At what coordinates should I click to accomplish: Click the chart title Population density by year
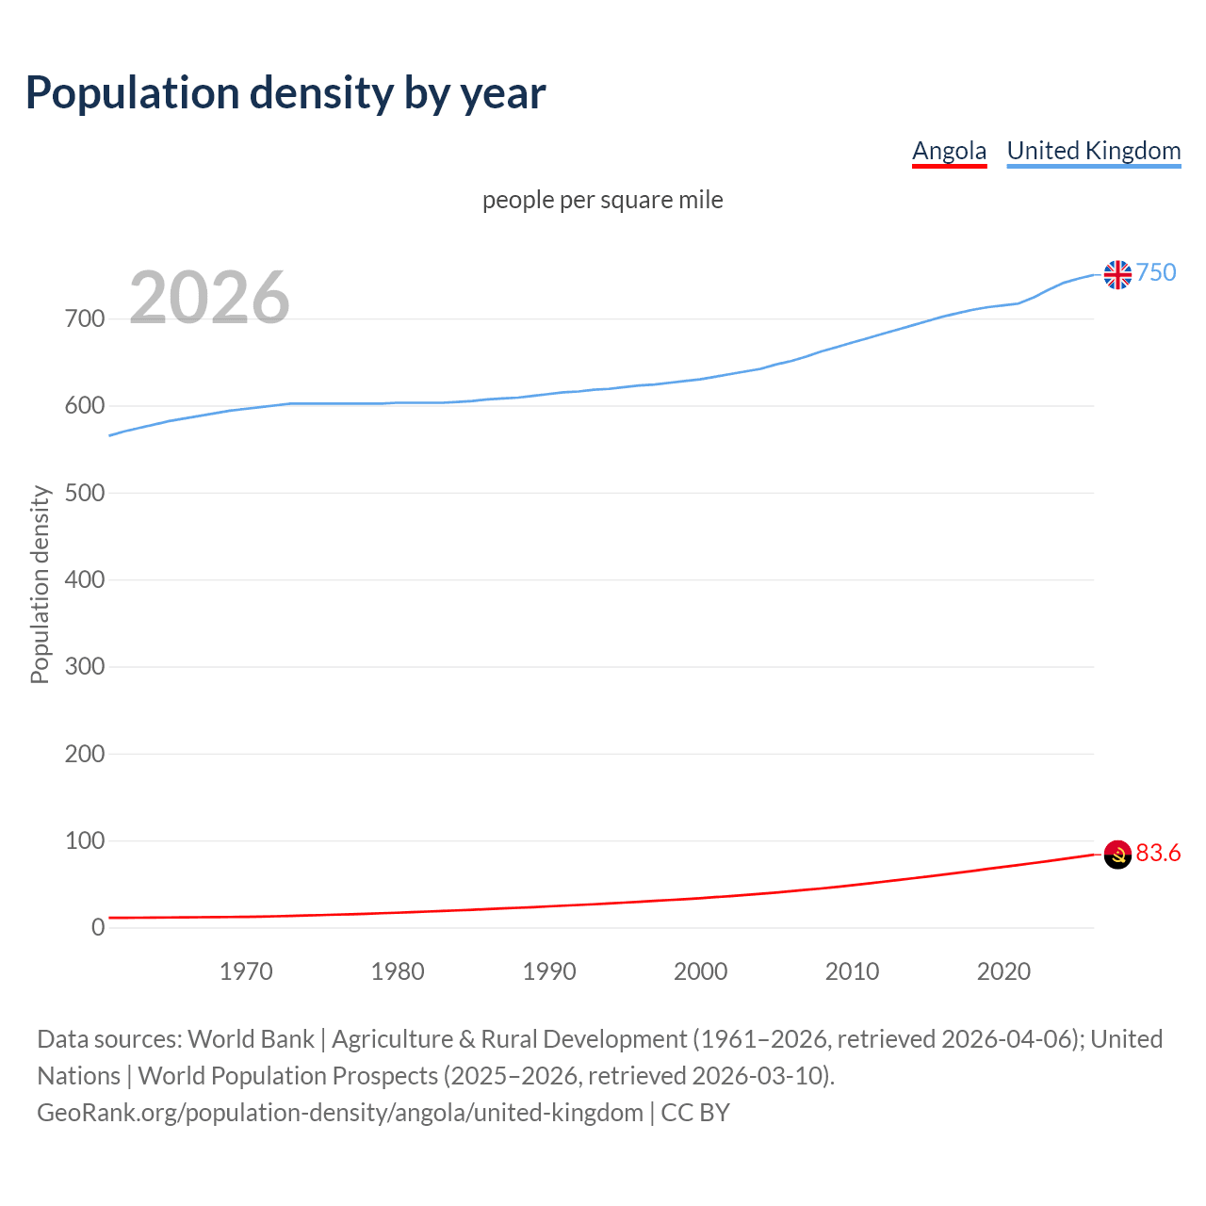[x=285, y=93]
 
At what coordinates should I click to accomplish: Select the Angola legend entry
[x=949, y=151]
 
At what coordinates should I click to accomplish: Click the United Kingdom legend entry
[x=1093, y=151]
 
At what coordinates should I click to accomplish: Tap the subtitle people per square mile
[x=602, y=200]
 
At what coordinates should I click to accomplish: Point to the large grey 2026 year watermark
[x=209, y=298]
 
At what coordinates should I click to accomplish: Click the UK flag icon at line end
[x=1117, y=274]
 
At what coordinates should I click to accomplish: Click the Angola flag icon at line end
[x=1117, y=855]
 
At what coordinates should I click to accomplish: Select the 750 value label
[x=1156, y=272]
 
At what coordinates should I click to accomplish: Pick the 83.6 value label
[x=1158, y=853]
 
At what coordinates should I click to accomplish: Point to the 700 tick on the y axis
[x=84, y=318]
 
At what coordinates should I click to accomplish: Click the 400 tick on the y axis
[x=84, y=579]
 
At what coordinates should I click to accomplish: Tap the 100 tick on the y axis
[x=84, y=840]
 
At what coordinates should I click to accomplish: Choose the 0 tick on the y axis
[x=98, y=927]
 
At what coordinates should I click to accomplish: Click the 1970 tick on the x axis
[x=246, y=971]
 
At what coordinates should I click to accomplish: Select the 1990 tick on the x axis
[x=549, y=971]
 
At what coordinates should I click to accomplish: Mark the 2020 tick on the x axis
[x=1003, y=971]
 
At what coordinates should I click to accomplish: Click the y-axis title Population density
[x=40, y=584]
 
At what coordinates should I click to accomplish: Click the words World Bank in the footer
[x=251, y=1039]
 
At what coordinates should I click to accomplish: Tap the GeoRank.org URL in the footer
[x=339, y=1113]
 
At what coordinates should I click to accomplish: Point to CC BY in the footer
[x=695, y=1113]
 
